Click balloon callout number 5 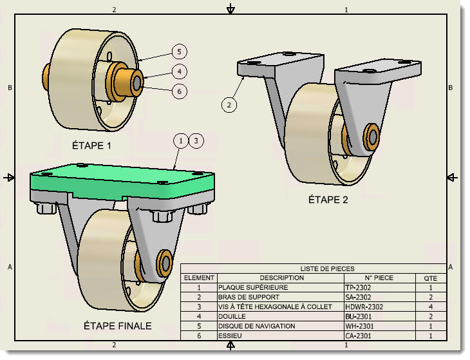[180, 52]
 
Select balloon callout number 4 [180, 71]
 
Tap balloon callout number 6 [180, 91]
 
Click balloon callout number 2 [229, 103]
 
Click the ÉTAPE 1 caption [92, 146]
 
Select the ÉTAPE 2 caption [328, 200]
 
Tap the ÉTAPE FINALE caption [118, 326]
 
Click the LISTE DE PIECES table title [327, 269]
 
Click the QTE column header [430, 278]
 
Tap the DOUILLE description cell [232, 317]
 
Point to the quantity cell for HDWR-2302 [430, 307]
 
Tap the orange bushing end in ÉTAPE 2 [371, 136]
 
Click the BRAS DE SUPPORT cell [249, 298]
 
